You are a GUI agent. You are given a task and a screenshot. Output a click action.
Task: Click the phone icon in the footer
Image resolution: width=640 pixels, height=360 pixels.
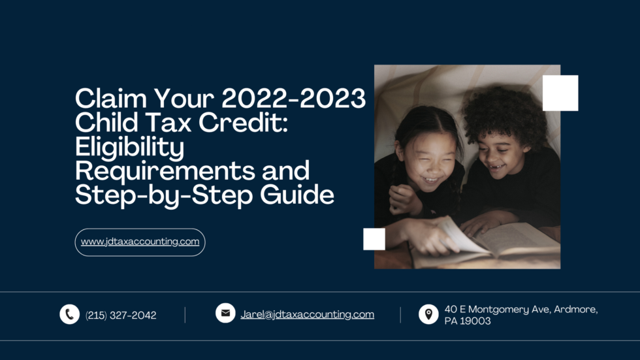69,314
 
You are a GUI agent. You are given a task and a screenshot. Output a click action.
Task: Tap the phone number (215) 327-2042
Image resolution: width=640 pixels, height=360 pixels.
121,315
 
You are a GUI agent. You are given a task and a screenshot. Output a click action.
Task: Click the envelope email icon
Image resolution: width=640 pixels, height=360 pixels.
225,313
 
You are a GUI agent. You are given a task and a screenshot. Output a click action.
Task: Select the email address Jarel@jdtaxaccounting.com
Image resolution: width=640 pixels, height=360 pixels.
307,314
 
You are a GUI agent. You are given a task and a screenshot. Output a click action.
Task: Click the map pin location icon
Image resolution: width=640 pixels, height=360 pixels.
428,314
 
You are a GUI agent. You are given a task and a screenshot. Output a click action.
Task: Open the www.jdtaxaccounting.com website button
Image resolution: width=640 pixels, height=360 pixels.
140,242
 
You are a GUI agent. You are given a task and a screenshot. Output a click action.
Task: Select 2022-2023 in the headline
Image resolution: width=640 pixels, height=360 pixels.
293,99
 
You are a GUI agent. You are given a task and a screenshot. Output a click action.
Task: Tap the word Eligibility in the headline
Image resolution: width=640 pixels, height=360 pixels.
129,147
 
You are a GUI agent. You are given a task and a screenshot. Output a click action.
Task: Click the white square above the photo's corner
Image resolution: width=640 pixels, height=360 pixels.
560,93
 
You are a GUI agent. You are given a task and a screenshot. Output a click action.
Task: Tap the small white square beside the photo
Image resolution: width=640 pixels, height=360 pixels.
374,239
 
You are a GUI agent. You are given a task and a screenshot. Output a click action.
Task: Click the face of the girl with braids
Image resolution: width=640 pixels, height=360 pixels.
424,164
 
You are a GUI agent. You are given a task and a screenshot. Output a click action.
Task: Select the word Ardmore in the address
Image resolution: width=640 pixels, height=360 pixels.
575,309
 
